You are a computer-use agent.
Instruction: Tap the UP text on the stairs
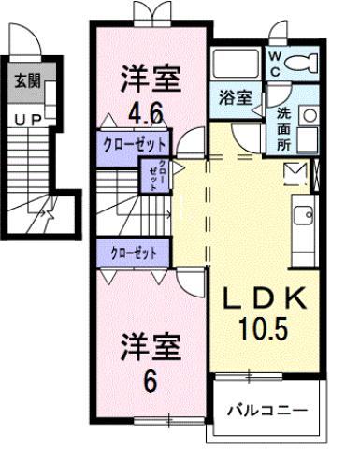(26, 119)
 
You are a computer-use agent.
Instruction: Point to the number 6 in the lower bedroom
(149, 383)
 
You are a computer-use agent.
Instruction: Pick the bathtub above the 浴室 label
(234, 65)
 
